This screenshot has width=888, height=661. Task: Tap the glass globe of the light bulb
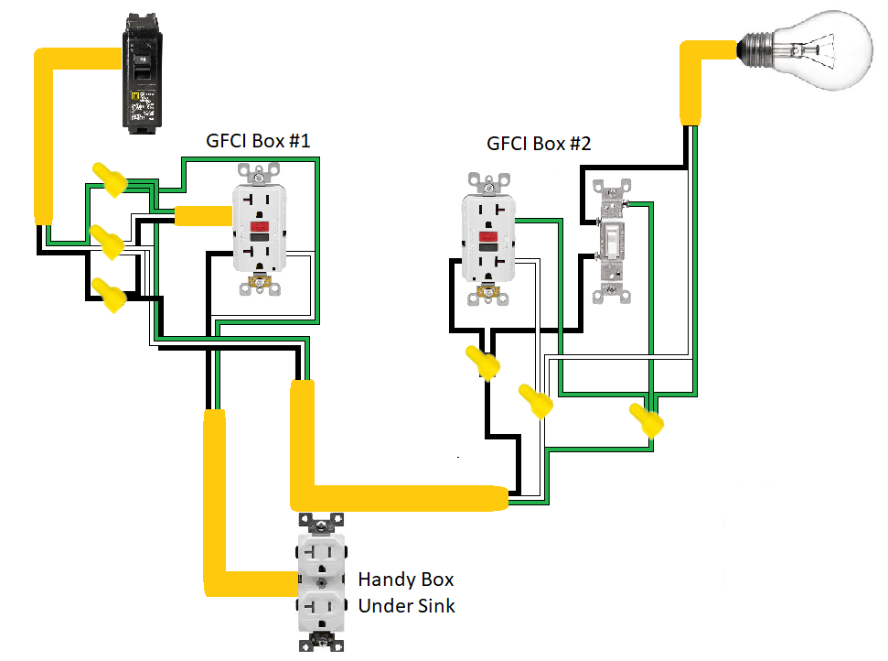[x=827, y=49]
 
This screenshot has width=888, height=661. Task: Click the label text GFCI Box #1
[x=259, y=142]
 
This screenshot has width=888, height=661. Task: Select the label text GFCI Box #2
[x=539, y=144]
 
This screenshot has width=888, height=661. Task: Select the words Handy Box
[x=405, y=580]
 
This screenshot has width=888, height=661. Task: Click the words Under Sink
[x=406, y=606]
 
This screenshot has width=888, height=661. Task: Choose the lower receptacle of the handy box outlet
[x=320, y=608]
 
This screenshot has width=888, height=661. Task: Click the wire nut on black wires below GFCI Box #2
[x=484, y=363]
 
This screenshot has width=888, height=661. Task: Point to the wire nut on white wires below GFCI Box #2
[x=536, y=401]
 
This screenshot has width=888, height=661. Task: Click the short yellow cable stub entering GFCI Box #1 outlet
[x=202, y=216]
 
